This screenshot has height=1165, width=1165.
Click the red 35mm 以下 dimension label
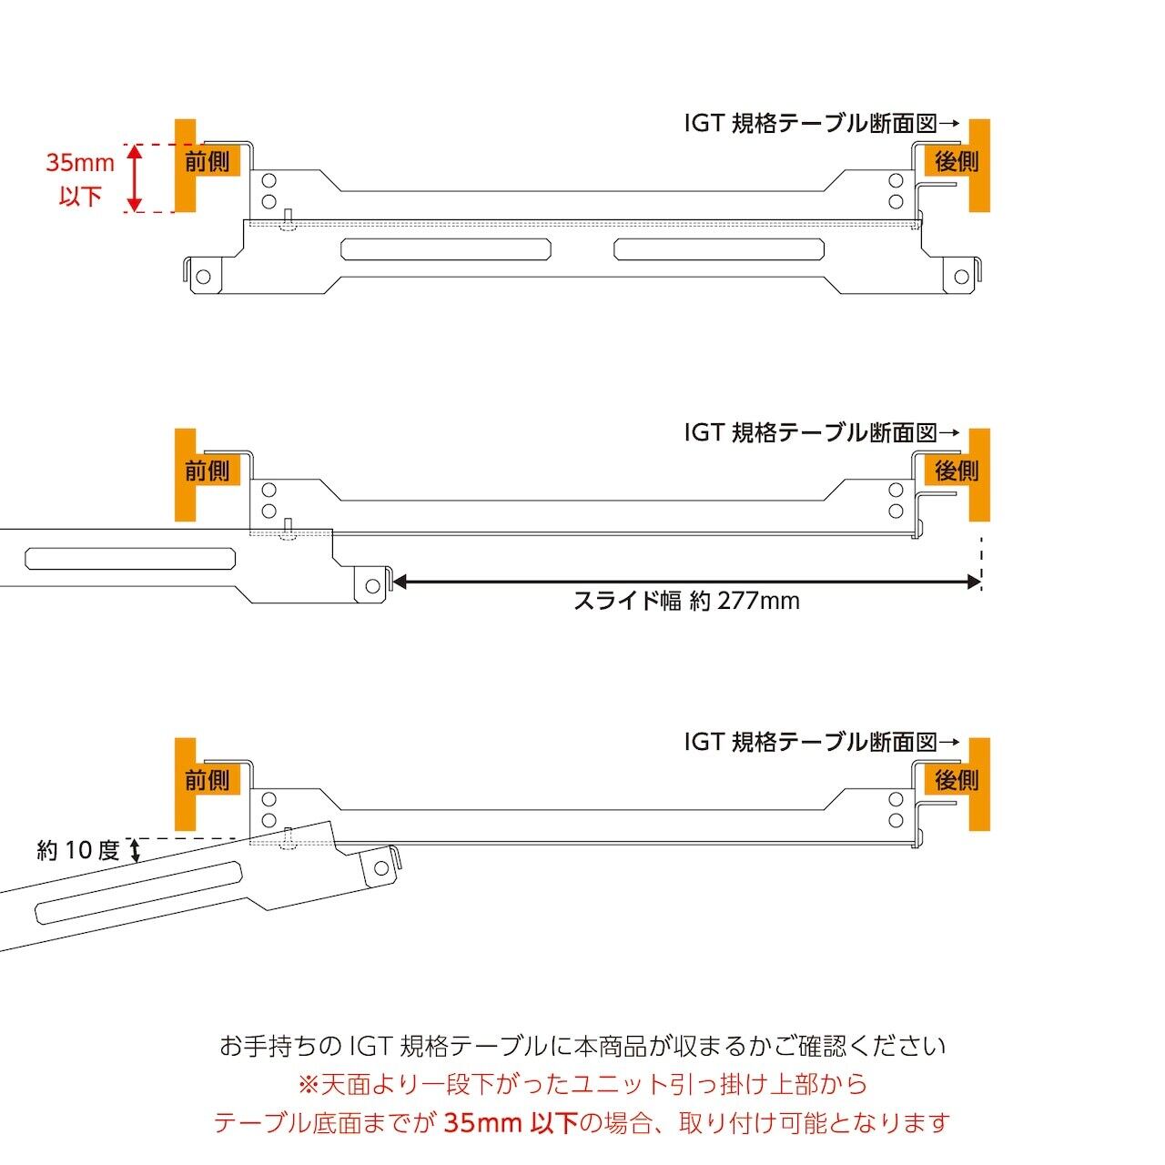coord(80,179)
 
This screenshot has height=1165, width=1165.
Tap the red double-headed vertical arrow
coord(135,178)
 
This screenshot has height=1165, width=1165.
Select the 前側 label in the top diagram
coord(208,162)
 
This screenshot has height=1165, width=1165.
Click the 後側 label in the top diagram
coord(957,162)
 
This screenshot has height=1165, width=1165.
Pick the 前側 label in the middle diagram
coord(208,471)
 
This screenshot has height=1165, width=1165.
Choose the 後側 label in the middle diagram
coord(957,471)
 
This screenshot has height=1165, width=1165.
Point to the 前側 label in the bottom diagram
coord(208,781)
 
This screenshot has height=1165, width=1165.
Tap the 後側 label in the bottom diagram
coord(957,781)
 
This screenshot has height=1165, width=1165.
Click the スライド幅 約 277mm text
coord(686,602)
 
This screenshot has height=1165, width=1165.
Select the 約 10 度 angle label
coord(78,851)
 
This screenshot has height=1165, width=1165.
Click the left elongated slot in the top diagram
coord(445,248)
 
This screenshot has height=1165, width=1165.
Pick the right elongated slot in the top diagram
coord(720,248)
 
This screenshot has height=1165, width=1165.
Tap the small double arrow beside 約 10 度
coord(137,851)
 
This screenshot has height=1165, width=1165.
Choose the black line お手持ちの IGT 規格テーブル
coord(582,1046)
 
